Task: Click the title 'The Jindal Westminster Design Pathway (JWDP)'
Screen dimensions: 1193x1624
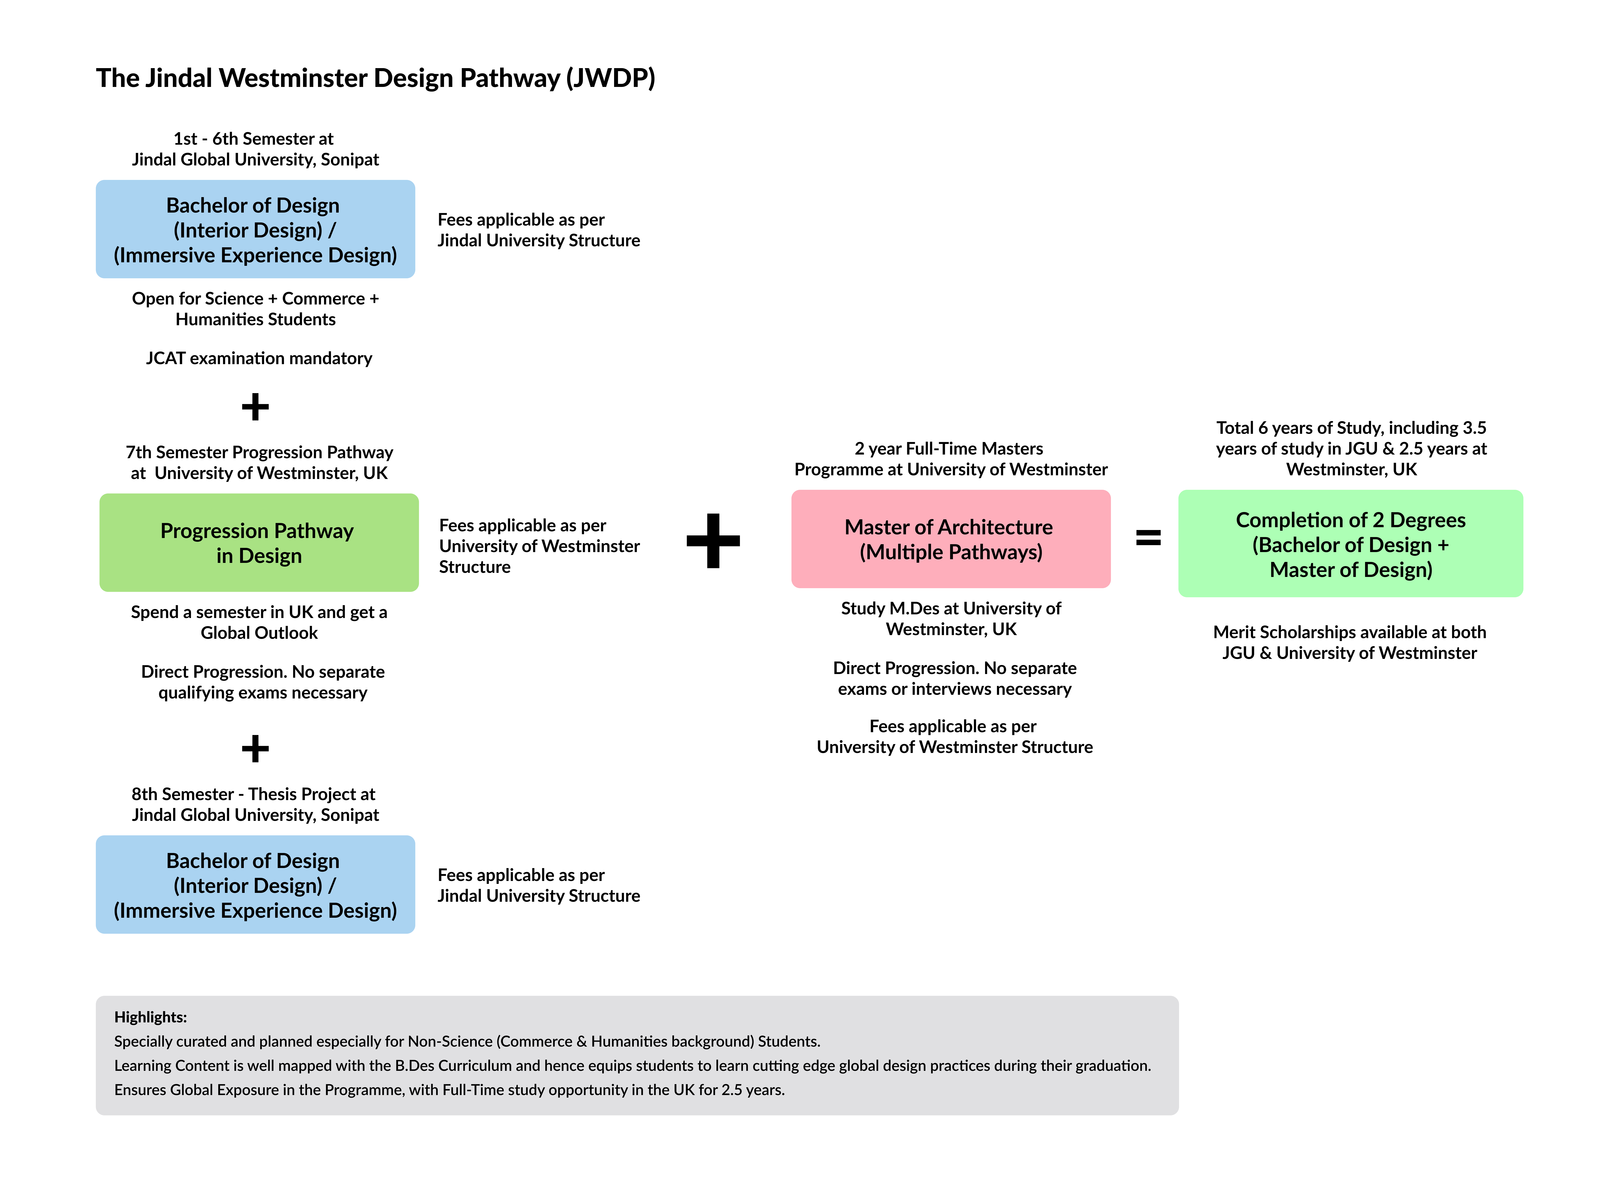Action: pyautogui.click(x=375, y=78)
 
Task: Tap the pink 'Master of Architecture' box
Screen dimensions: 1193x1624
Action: pyautogui.click(x=950, y=539)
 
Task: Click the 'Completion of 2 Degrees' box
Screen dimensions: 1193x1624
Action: pyautogui.click(x=1350, y=544)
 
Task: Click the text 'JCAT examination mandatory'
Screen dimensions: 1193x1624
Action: pyautogui.click(x=259, y=358)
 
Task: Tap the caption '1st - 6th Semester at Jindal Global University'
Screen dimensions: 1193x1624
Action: pyautogui.click(x=255, y=149)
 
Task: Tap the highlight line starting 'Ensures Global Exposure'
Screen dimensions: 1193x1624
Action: pyautogui.click(x=449, y=1090)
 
